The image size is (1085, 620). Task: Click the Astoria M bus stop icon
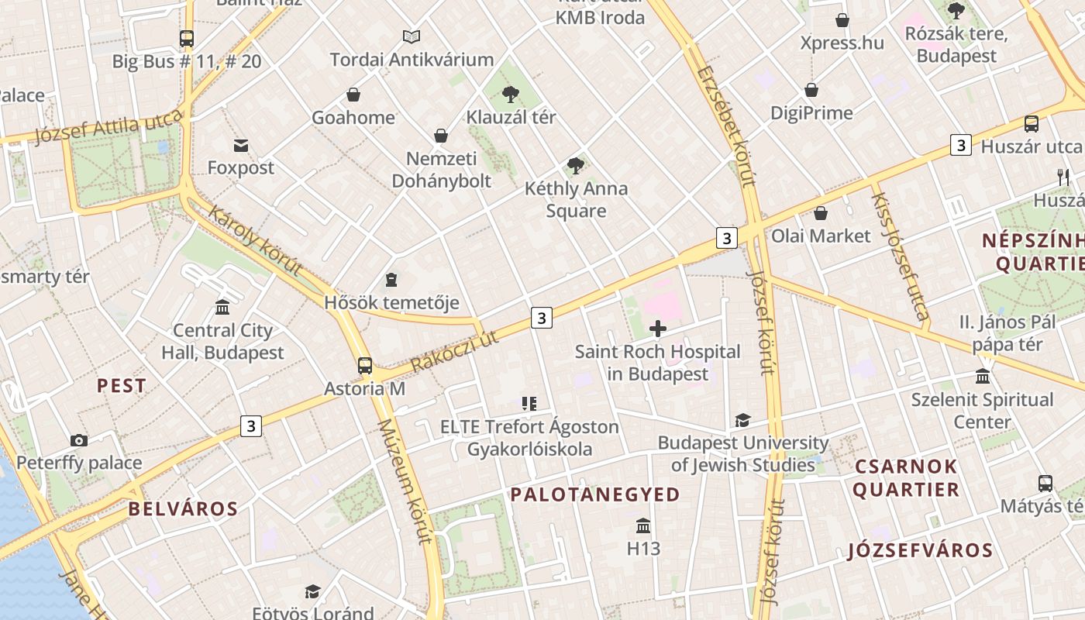coord(364,366)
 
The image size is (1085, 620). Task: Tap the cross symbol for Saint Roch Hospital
coord(657,329)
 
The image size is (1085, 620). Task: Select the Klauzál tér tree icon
coord(510,95)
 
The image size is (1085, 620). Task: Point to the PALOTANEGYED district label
coord(594,494)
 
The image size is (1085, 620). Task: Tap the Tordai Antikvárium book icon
coord(412,36)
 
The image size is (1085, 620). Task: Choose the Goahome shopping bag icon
coord(353,95)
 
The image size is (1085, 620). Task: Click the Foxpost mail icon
coord(240,145)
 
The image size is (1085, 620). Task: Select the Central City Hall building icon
coord(222,308)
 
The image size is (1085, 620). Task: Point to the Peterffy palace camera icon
coord(79,440)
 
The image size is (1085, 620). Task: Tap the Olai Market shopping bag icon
coord(821,212)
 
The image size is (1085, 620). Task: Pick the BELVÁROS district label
coord(183,509)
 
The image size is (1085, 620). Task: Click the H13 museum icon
coord(643,526)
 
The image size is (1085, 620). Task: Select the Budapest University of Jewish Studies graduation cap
coord(742,420)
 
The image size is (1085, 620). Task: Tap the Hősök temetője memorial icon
coord(391,279)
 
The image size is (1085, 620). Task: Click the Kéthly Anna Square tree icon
coord(575,164)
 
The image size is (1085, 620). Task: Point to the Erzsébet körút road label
coord(725,128)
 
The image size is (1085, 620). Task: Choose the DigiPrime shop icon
coord(811,90)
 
